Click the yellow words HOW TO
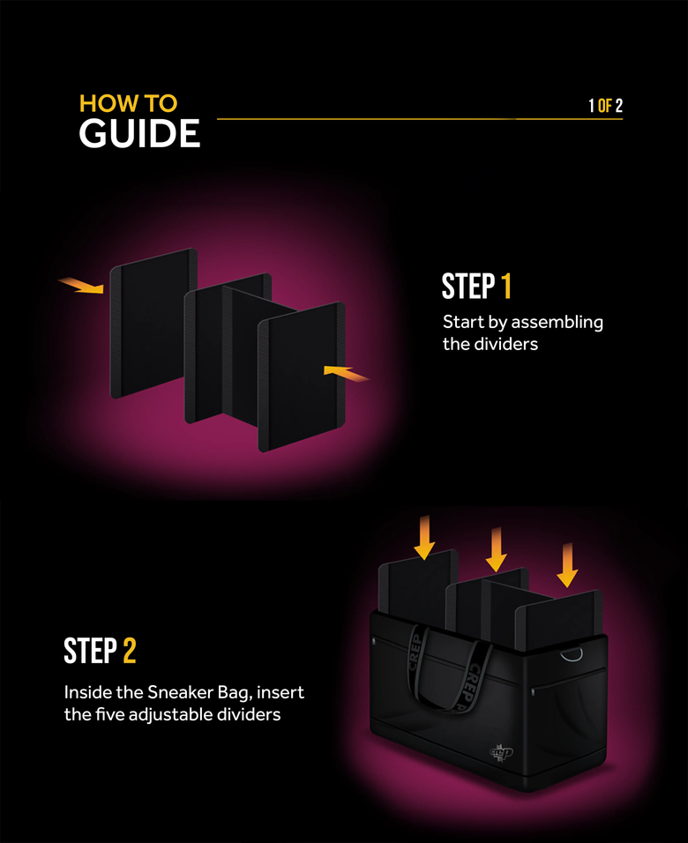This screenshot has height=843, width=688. coord(128,103)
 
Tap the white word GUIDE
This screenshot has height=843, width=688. coord(139,135)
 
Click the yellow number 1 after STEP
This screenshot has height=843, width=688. coord(506,287)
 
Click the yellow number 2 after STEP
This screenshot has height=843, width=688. coord(129,652)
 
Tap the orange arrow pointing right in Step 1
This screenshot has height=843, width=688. coord(81,286)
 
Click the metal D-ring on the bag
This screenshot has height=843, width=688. coord(572,653)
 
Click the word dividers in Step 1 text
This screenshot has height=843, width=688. coord(506,344)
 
